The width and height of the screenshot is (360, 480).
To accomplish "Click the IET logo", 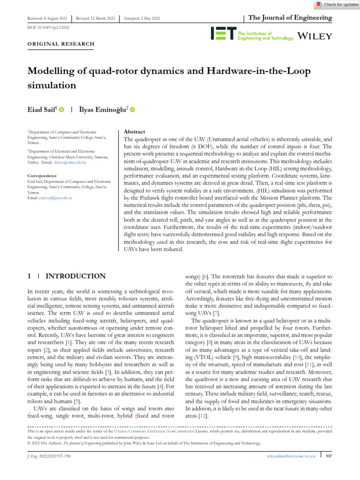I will (223, 33).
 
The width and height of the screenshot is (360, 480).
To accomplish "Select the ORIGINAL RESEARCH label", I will (61, 44).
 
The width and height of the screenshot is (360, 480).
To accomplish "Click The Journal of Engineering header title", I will (290, 18).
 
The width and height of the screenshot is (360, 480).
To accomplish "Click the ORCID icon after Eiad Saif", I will (62, 110).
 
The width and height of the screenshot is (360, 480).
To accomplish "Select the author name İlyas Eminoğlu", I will (103, 110).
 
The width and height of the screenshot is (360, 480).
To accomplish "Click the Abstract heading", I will (134, 132).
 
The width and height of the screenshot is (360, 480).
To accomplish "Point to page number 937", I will (328, 455).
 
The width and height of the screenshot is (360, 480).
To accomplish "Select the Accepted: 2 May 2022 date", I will (142, 18).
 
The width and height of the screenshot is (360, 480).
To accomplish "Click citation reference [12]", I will (202, 415).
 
